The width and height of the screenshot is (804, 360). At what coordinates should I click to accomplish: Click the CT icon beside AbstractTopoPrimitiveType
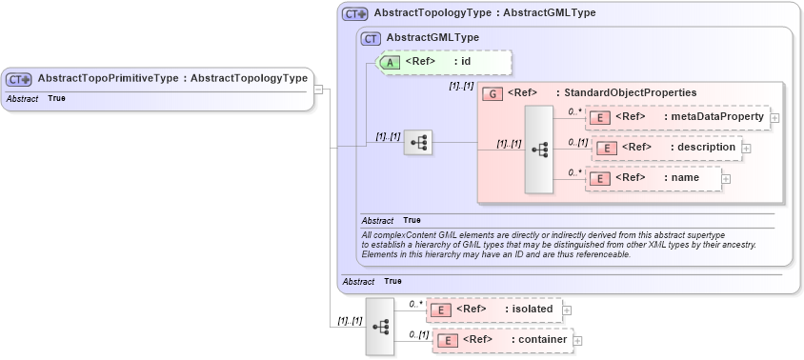(x=19, y=79)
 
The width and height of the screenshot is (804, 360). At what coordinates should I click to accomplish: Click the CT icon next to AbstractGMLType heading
(x=371, y=38)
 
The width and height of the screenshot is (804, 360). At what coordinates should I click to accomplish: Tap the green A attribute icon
(x=390, y=62)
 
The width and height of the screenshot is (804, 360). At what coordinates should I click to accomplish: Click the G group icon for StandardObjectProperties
(x=492, y=93)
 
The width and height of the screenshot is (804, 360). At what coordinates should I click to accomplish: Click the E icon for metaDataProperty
(x=600, y=117)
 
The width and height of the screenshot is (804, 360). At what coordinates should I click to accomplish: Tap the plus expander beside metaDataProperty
(x=774, y=118)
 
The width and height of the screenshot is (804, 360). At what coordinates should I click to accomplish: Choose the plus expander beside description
(x=747, y=149)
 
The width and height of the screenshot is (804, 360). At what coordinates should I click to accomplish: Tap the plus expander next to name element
(x=726, y=178)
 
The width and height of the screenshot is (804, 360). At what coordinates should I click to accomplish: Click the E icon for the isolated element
(x=440, y=310)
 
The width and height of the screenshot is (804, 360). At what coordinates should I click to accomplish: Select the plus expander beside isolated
(x=567, y=310)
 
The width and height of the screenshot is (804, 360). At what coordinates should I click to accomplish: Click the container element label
(x=542, y=340)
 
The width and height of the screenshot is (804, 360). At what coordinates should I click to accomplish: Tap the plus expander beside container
(x=577, y=340)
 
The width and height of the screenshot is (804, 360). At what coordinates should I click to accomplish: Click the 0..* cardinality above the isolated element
(x=415, y=304)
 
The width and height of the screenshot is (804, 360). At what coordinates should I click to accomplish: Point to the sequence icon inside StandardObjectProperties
(x=538, y=150)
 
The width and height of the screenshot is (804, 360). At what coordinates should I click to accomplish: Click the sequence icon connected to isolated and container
(x=380, y=326)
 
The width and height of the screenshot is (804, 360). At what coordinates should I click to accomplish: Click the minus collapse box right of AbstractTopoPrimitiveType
(x=319, y=90)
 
